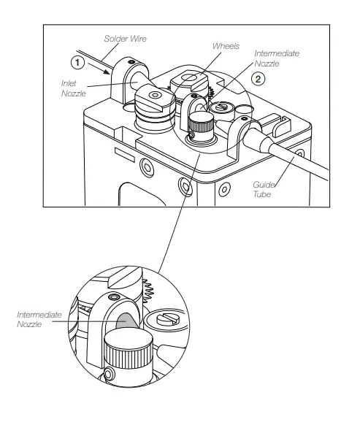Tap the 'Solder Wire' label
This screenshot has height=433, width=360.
(126, 38)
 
